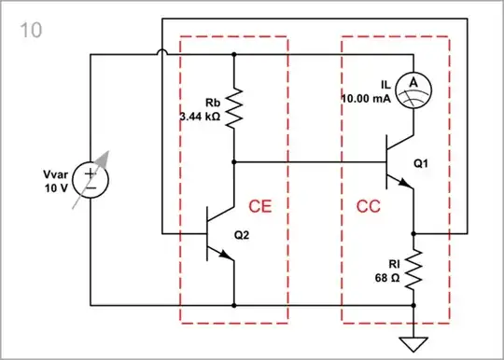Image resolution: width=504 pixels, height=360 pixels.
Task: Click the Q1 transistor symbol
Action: coord(397,163)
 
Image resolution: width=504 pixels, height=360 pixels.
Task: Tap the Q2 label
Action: coord(243,234)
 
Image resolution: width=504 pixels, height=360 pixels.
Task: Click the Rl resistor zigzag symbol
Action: coord(413,270)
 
